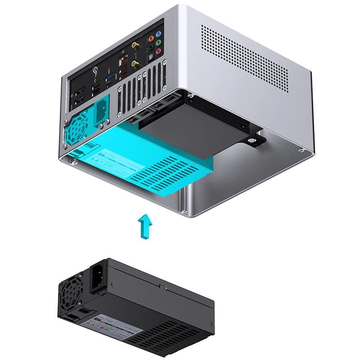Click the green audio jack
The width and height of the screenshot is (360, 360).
[157, 43]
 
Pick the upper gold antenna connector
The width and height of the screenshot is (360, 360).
[135, 45]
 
